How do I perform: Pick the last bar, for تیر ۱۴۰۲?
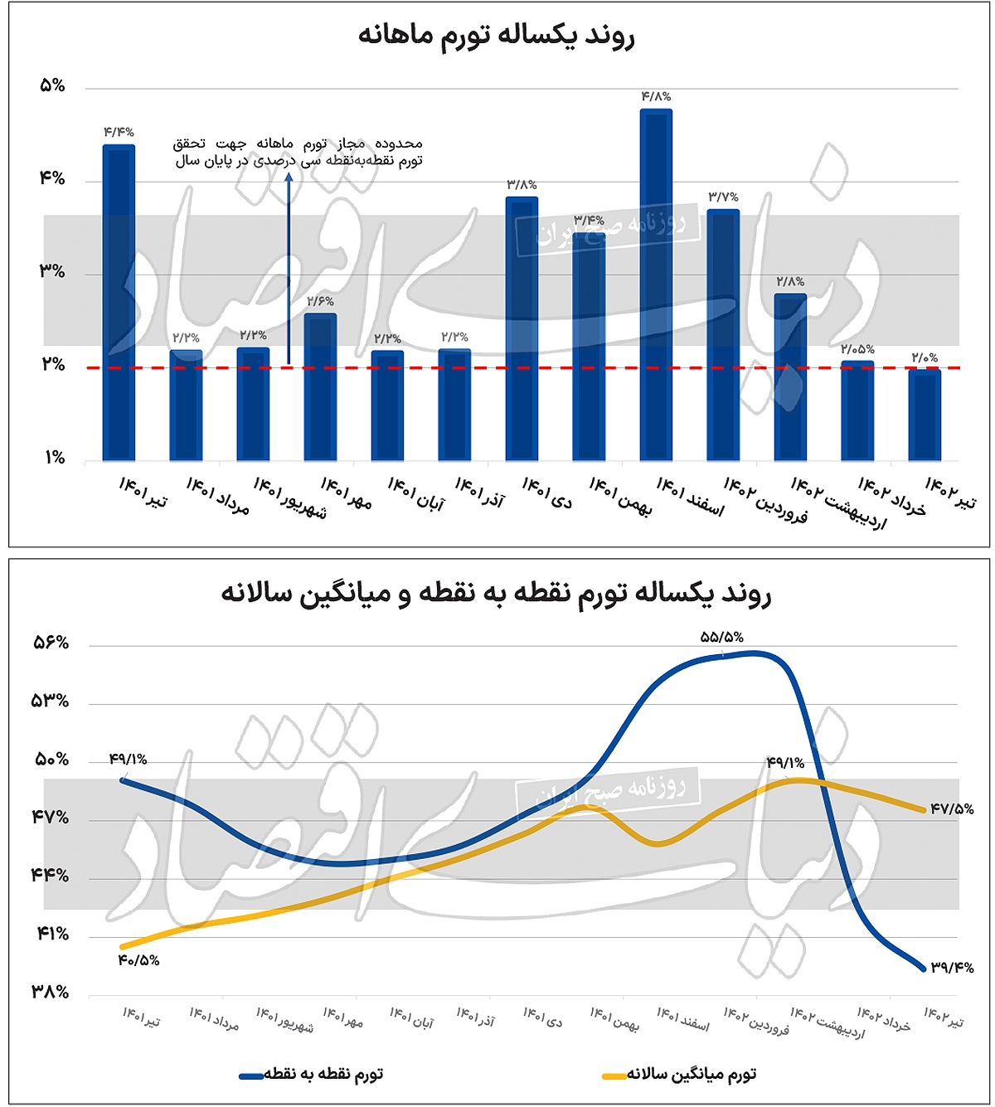(925, 415)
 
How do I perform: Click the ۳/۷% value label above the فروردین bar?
(723, 197)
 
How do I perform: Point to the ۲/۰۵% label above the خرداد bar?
(857, 349)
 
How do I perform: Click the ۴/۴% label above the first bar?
(119, 133)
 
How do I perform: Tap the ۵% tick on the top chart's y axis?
(51, 85)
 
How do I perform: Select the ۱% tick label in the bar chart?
(54, 458)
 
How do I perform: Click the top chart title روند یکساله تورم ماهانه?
(496, 36)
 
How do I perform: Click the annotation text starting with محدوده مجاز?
(298, 152)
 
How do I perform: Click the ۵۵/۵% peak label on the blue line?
(721, 637)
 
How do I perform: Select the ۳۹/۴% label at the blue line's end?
(951, 968)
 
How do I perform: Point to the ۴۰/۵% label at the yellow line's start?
(138, 960)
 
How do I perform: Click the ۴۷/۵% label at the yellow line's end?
(951, 808)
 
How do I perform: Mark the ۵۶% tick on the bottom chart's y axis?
(51, 643)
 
